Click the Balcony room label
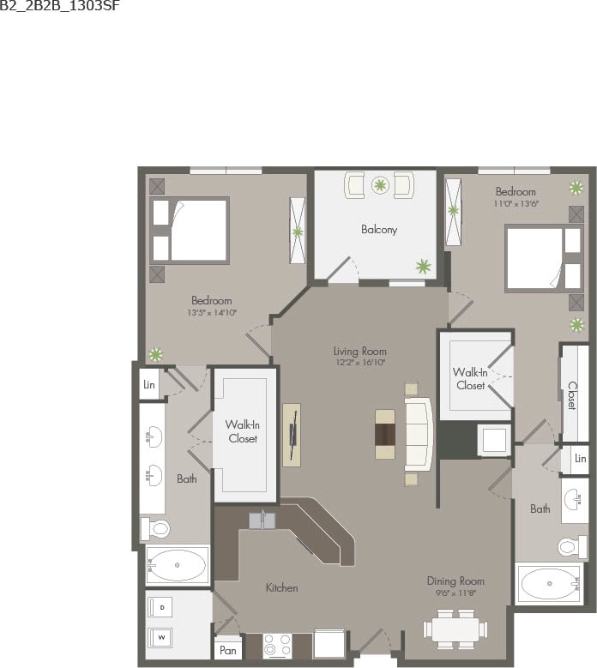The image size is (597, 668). [x=378, y=230]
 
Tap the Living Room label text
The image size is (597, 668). [x=359, y=351]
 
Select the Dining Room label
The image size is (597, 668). [x=455, y=581]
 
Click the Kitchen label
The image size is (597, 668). [x=281, y=587]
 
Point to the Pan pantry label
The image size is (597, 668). [x=227, y=651]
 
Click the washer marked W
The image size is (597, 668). [x=162, y=637]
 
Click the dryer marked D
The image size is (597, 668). [x=162, y=607]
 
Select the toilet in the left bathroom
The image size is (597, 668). [x=156, y=527]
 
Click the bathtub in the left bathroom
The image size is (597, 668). [x=178, y=565]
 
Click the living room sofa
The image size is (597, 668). [x=418, y=433]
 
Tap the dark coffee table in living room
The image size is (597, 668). [x=385, y=434]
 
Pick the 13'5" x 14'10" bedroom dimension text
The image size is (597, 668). [x=211, y=313]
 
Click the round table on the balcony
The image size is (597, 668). [x=379, y=184]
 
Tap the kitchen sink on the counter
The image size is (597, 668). [x=262, y=520]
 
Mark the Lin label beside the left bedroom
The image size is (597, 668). [x=150, y=383]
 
